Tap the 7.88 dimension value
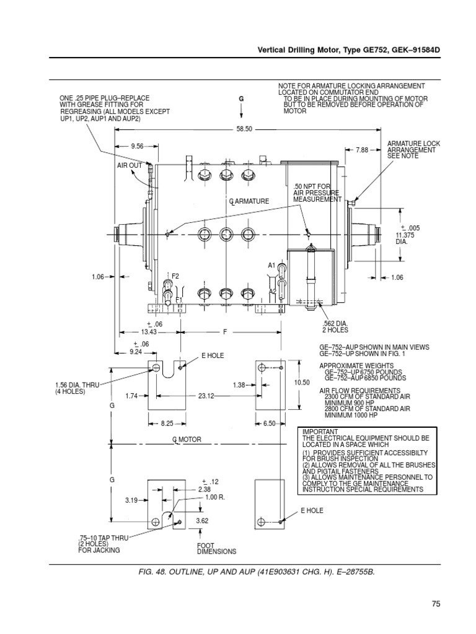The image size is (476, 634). pyautogui.click(x=362, y=150)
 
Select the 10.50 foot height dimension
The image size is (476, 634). pyautogui.click(x=302, y=383)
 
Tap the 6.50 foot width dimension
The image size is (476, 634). pyautogui.click(x=268, y=423)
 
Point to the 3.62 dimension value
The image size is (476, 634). pyautogui.click(x=202, y=521)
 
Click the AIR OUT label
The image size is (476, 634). pyautogui.click(x=130, y=166)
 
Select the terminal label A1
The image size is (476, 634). pyautogui.click(x=271, y=265)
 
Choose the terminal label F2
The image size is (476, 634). pyautogui.click(x=175, y=275)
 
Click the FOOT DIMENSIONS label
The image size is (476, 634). pyautogui.click(x=216, y=548)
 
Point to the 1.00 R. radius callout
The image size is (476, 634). pyautogui.click(x=214, y=497)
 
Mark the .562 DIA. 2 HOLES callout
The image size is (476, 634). pyautogui.click(x=334, y=326)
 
